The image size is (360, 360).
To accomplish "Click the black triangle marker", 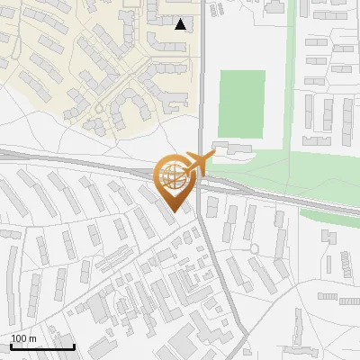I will pyautogui.click(x=181, y=24).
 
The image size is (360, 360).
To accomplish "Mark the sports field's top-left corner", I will pyautogui.click(x=220, y=71).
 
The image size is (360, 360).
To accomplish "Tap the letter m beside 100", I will pyautogui.click(x=32, y=338).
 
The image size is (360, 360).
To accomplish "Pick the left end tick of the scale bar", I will pyautogui.click(x=10, y=345).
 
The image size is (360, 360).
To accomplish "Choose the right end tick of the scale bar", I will pyautogui.click(x=74, y=345).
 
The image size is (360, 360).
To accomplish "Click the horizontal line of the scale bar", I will pyautogui.click(x=41, y=346).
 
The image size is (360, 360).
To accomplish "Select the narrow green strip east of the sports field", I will pyautogui.click(x=290, y=81).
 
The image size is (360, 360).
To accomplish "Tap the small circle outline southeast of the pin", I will pyautogui.click(x=256, y=247).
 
